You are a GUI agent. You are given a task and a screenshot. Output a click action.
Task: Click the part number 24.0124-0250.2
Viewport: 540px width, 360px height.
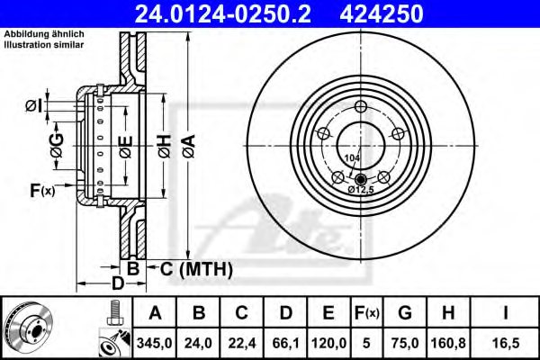[x=228, y=12]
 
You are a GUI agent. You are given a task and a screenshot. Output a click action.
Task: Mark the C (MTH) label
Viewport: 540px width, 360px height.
[x=194, y=268]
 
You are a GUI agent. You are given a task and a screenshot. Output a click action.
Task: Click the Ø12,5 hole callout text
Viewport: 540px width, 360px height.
[x=362, y=190]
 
